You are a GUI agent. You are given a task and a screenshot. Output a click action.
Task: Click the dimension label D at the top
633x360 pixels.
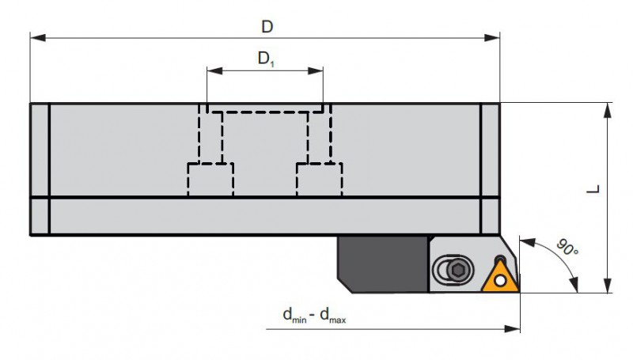pos(267,27)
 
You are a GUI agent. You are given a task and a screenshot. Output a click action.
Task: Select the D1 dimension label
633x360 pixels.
pos(266,59)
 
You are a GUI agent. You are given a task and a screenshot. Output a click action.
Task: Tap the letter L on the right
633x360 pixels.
pos(593,189)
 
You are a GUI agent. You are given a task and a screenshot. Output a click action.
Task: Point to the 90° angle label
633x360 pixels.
pos(567,248)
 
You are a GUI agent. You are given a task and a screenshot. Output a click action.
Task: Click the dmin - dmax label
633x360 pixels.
pos(314,315)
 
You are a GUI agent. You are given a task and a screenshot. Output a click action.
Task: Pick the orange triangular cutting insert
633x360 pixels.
pos(500,276)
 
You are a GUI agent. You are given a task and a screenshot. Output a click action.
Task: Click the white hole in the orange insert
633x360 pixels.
pos(500,281)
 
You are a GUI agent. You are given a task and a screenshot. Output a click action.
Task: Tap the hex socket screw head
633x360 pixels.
pos(458,270)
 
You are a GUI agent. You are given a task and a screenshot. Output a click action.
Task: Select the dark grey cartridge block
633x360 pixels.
pos(383,264)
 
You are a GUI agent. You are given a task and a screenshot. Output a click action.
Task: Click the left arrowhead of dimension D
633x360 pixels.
pos(37,37)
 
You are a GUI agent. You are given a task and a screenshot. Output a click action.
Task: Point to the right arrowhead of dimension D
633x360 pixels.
pos(492,37)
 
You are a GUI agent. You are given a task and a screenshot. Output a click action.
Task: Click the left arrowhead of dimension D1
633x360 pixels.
pos(214,71)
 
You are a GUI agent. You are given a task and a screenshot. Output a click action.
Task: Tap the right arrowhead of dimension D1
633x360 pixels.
pos(315,71)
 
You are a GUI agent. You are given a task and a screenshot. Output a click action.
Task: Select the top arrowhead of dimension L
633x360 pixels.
pos(607,110)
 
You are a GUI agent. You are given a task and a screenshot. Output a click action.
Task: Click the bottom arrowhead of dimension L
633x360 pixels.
pos(607,286)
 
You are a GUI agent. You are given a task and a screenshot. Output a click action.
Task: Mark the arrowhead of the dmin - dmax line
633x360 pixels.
pos(512,329)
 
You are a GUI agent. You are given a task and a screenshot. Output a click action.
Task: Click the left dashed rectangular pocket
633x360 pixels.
pos(210,179)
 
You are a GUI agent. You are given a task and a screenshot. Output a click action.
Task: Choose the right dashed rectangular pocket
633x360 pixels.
pos(320,179)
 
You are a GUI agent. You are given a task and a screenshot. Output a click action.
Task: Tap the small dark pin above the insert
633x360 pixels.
pos(500,259)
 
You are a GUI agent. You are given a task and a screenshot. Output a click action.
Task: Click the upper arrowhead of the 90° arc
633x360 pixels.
pos(527,243)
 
